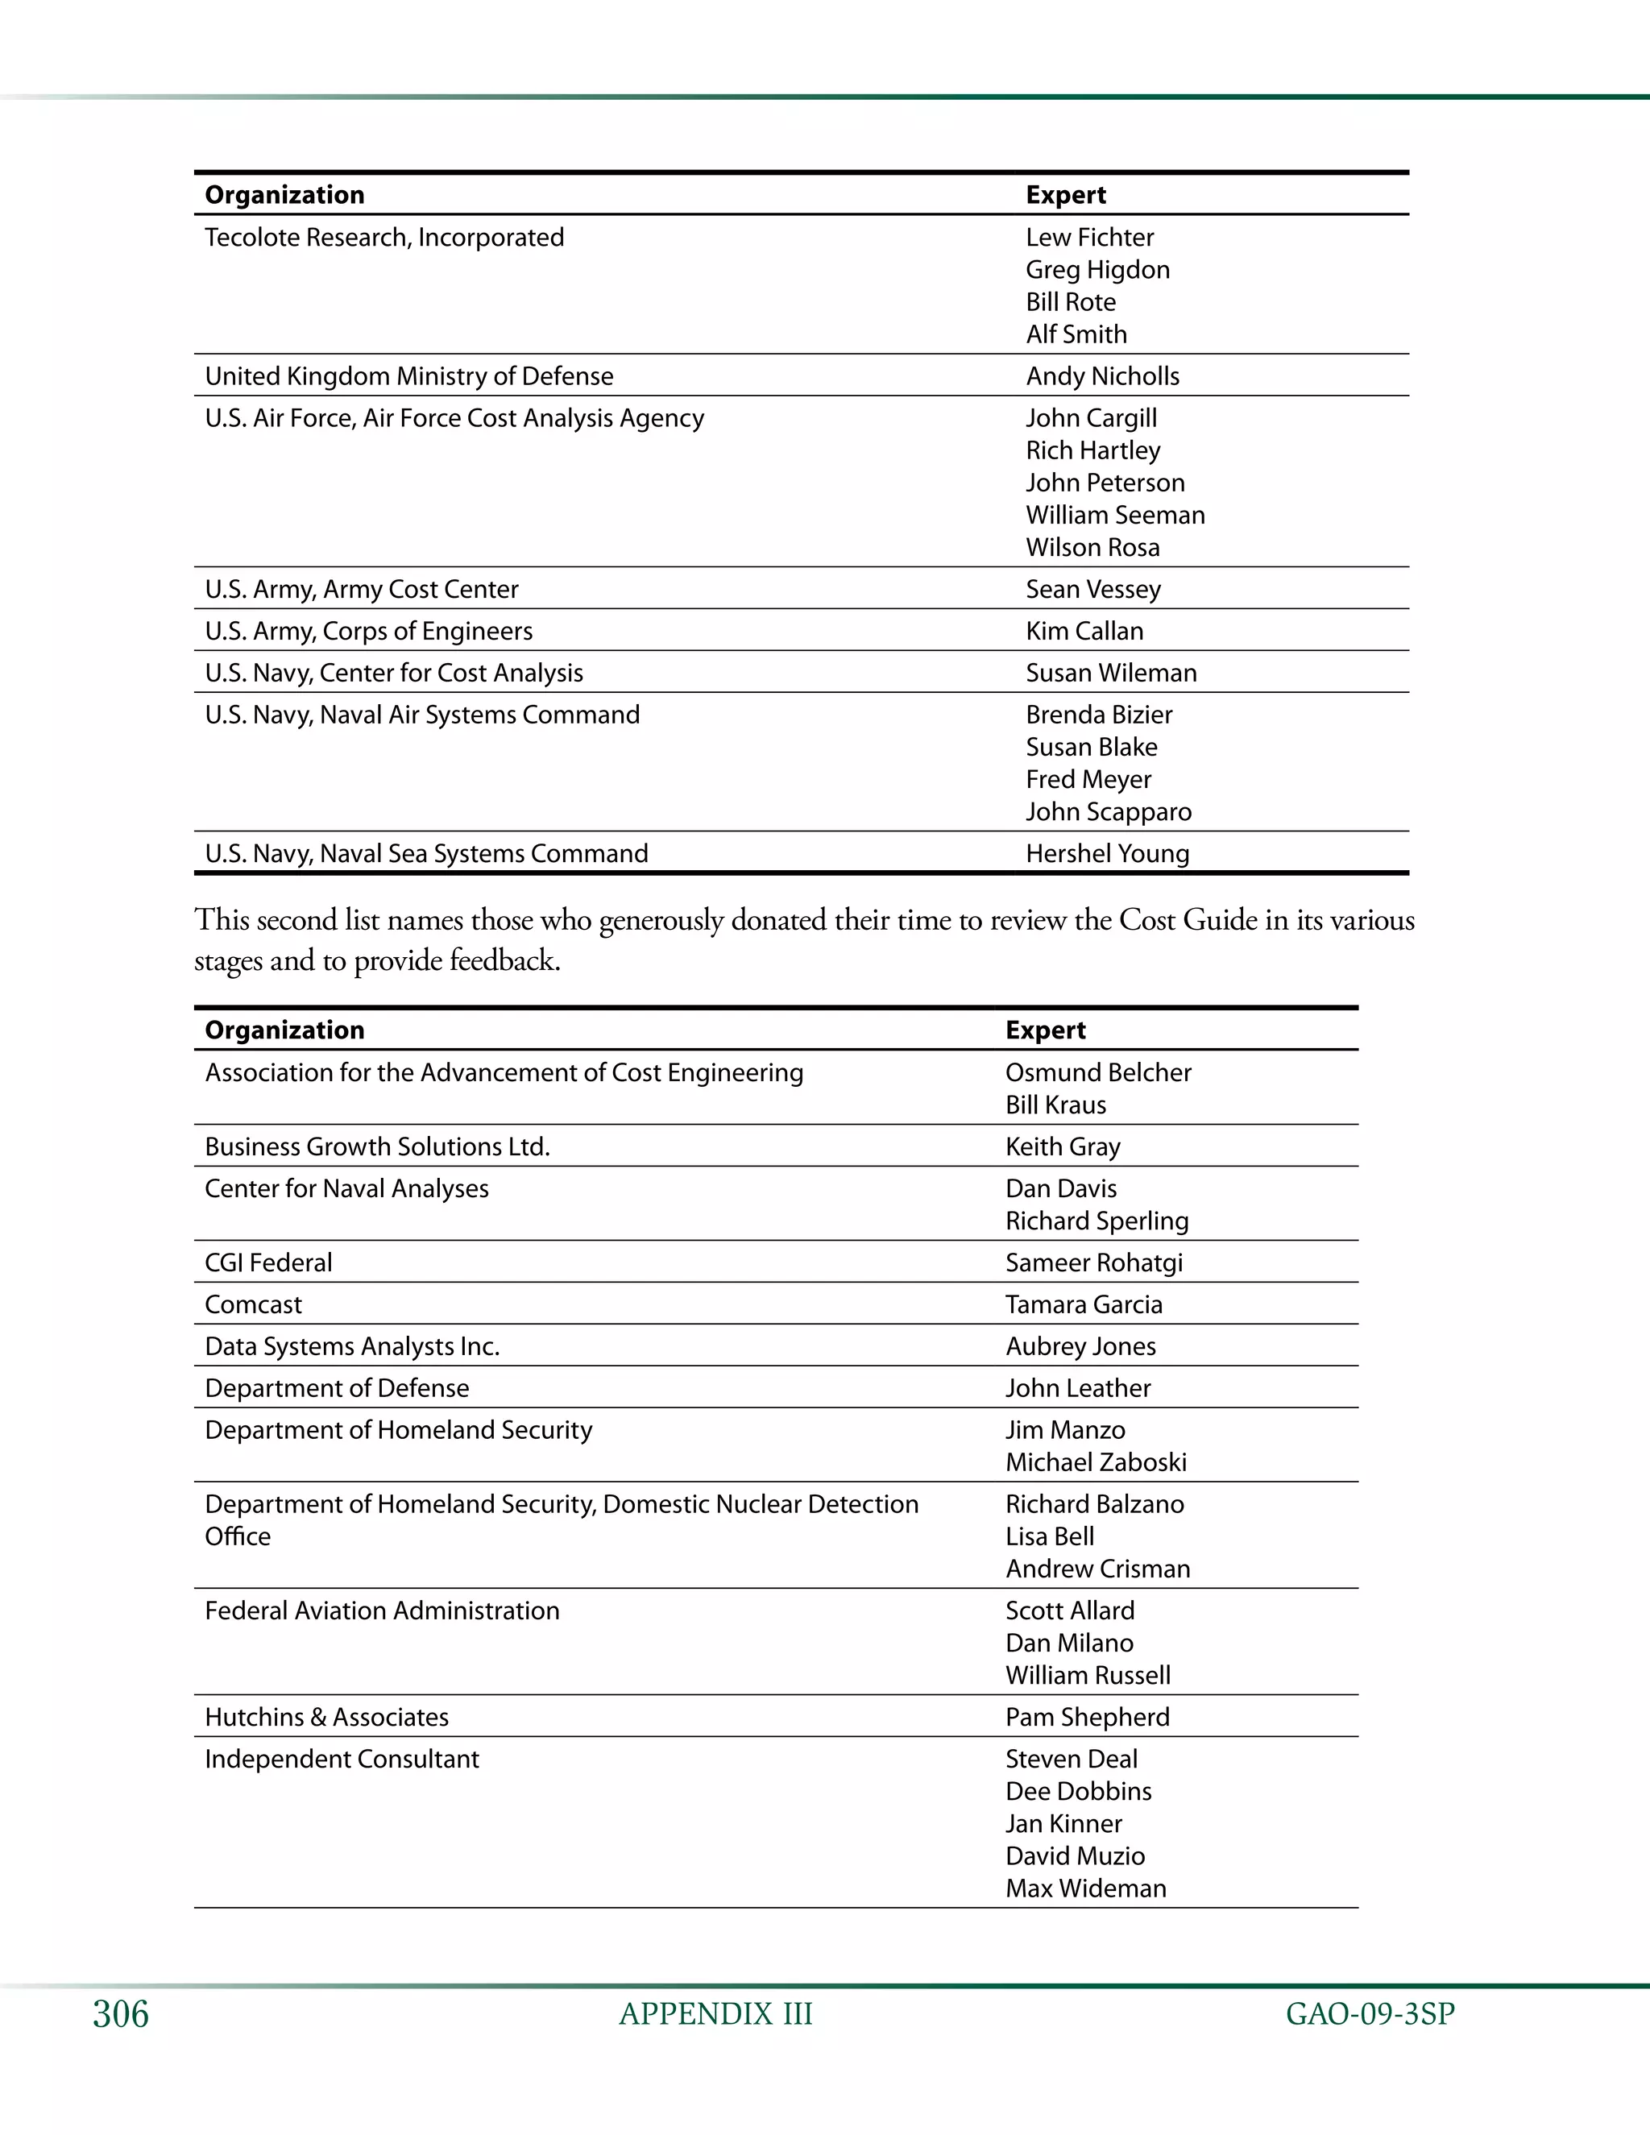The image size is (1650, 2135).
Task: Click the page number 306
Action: coord(120,2014)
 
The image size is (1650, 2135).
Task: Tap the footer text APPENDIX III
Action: coord(715,2014)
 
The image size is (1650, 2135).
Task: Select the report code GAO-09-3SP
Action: coord(1370,2014)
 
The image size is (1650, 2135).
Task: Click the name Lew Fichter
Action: coord(1089,238)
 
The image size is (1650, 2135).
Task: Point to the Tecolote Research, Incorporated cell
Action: coord(384,238)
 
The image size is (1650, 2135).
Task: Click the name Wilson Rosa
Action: coord(1092,547)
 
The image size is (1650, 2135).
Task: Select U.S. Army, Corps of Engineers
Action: coord(368,632)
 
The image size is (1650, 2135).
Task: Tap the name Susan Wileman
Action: coord(1110,674)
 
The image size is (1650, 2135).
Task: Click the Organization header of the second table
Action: coord(284,1030)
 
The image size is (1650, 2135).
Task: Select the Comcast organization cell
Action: coord(253,1305)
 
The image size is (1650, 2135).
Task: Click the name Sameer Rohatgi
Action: coord(1094,1263)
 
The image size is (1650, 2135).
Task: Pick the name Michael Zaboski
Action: coord(1096,1462)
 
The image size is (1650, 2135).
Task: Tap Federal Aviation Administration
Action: coord(382,1611)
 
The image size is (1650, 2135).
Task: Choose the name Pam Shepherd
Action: coord(1087,1718)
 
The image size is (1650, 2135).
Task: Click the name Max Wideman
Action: coord(1085,1888)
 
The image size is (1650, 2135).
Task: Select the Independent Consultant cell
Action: coord(342,1760)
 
